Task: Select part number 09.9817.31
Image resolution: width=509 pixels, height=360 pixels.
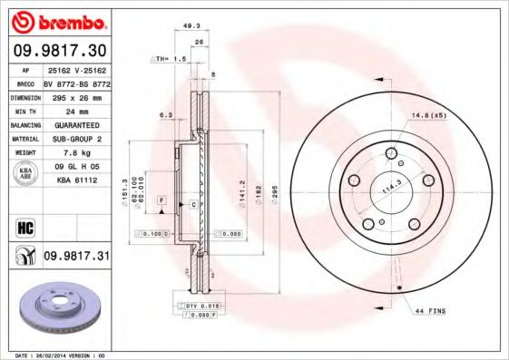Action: (75, 257)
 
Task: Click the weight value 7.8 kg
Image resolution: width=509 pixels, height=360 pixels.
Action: (66, 152)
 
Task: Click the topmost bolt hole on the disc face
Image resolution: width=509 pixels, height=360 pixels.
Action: (392, 153)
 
